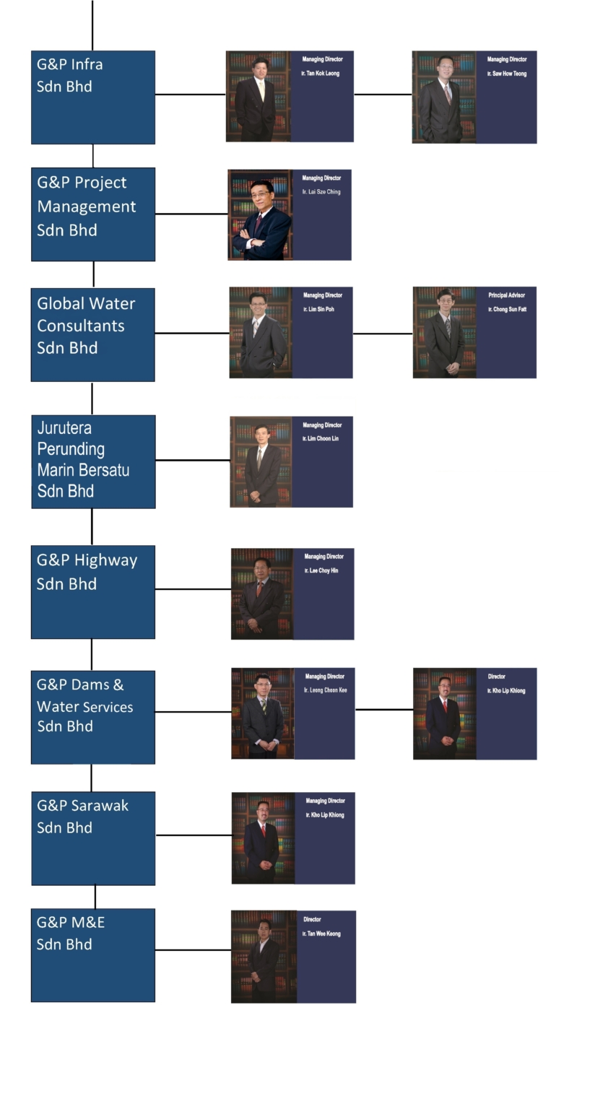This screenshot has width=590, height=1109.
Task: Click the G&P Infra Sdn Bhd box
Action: [92, 97]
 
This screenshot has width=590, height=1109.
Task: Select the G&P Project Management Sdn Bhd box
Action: [92, 214]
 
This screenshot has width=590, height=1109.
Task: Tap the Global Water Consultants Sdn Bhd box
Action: [92, 334]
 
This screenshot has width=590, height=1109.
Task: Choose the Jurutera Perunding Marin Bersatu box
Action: [92, 461]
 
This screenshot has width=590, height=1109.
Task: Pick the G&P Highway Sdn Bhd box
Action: [92, 591]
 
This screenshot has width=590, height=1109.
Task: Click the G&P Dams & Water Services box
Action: [92, 717]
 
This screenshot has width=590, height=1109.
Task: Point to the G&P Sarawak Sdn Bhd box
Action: [92, 838]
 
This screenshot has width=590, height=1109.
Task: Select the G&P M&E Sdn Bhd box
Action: [92, 954]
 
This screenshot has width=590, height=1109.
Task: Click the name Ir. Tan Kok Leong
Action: [320, 74]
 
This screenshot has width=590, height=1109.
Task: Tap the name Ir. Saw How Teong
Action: [506, 74]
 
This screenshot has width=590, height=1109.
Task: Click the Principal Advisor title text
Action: [506, 295]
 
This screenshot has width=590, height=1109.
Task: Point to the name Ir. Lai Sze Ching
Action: [321, 192]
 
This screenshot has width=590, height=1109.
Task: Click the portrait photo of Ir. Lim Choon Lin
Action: [261, 462]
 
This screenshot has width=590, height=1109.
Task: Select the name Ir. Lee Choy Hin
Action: [321, 571]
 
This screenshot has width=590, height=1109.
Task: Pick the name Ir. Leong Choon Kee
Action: [325, 691]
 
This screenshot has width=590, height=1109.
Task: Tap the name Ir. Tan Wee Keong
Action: [321, 934]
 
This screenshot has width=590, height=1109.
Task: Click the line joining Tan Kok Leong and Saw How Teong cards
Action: [383, 94]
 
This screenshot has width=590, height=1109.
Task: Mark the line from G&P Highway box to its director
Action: [193, 589]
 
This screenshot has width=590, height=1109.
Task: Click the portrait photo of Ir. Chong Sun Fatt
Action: [444, 333]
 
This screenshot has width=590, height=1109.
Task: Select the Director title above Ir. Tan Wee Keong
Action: [312, 920]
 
